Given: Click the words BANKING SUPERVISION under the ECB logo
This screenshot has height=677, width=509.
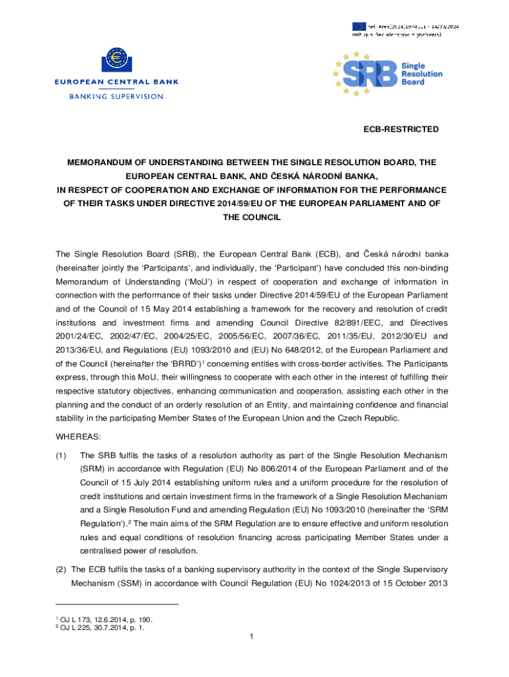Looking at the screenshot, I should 116,96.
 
